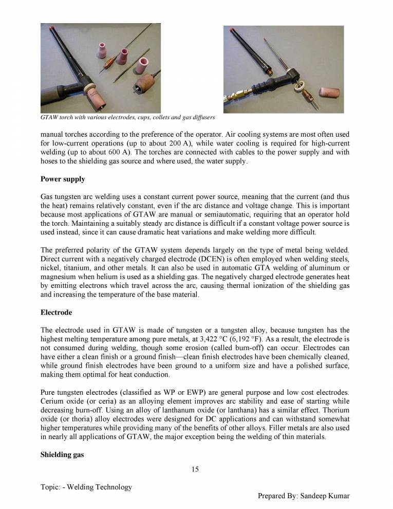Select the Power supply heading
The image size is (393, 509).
click(63, 179)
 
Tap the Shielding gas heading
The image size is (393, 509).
click(63, 453)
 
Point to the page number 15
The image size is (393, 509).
click(195, 469)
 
